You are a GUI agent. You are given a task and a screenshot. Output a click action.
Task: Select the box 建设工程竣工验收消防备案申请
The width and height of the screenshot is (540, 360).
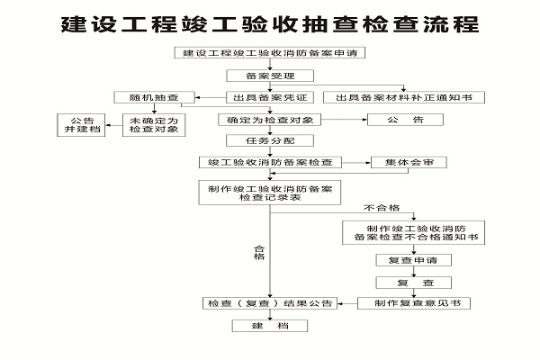(269, 53)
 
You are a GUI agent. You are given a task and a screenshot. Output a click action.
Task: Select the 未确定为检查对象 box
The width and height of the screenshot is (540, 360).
(155, 125)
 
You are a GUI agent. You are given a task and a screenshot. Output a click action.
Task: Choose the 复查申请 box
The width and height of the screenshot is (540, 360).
(406, 261)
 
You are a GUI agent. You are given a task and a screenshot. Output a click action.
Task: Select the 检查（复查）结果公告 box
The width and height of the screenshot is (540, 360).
(269, 303)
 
